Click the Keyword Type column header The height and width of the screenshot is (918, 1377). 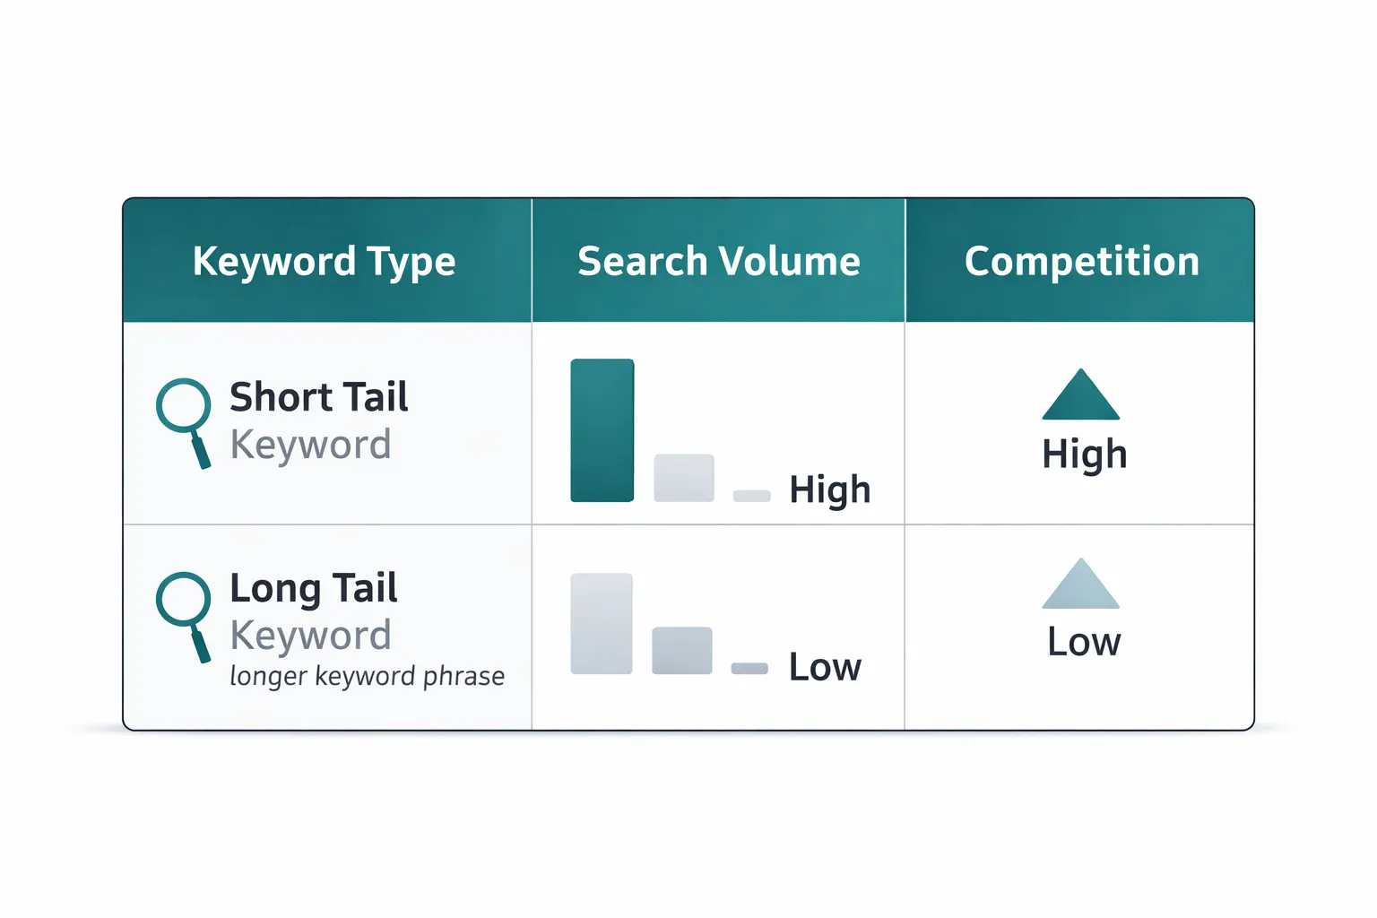pyautogui.click(x=324, y=262)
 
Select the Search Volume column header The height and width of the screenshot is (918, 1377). pyautogui.click(x=718, y=262)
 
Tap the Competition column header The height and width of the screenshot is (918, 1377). pyautogui.click(x=1081, y=262)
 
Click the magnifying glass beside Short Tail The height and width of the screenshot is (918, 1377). pyautogui.click(x=186, y=419)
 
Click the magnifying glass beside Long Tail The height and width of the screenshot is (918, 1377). pyautogui.click(x=186, y=612)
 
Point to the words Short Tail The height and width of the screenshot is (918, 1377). pyautogui.click(x=318, y=397)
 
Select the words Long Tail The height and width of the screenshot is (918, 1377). pyautogui.click(x=313, y=588)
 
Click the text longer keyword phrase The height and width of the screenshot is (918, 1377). pyautogui.click(x=367, y=675)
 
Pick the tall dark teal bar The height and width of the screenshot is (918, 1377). pyautogui.click(x=602, y=430)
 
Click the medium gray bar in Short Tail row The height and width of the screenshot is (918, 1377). pyautogui.click(x=684, y=478)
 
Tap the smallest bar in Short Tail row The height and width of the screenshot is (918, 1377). pyautogui.click(x=751, y=496)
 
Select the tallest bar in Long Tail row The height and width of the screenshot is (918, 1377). pyautogui.click(x=601, y=623)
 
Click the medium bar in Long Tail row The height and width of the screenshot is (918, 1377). pyautogui.click(x=681, y=650)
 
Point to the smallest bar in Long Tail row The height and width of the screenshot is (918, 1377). pyautogui.click(x=749, y=668)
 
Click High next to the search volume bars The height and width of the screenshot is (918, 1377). pyautogui.click(x=829, y=490)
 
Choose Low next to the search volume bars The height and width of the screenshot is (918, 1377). pyautogui.click(x=824, y=667)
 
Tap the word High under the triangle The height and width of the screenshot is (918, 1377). pyautogui.click(x=1084, y=455)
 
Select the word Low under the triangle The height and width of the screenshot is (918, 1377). pyautogui.click(x=1084, y=642)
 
